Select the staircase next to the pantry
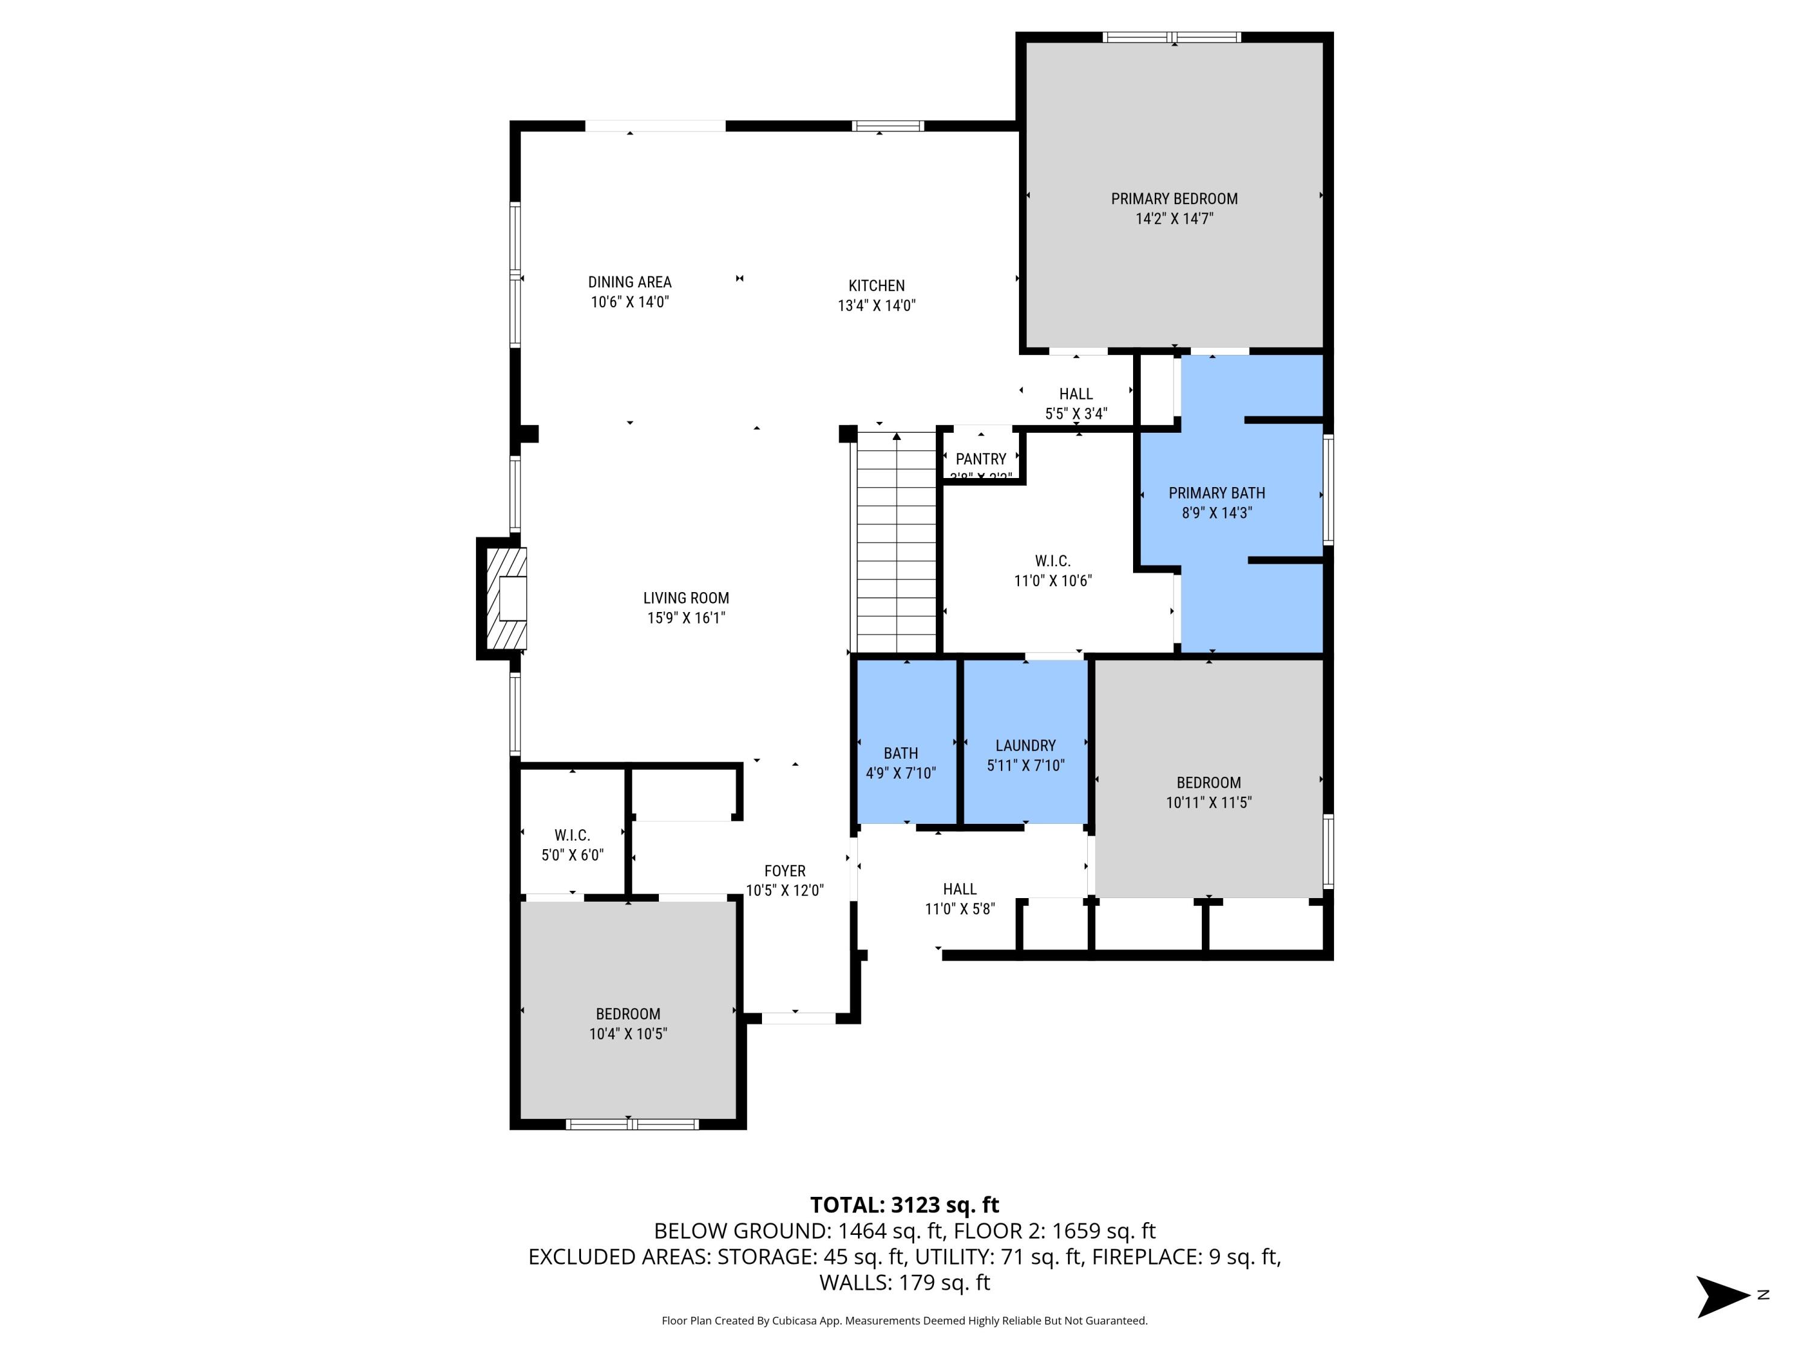[x=896, y=544]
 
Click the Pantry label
[x=980, y=459]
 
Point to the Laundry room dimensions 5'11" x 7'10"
[x=1025, y=765]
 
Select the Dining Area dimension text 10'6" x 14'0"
[x=629, y=302]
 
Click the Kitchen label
[x=877, y=285]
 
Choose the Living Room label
[x=686, y=598]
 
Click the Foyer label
[x=785, y=871]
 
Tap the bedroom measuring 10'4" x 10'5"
[x=627, y=1023]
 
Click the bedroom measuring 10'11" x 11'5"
[x=1208, y=791]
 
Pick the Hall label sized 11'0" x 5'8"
[x=959, y=889]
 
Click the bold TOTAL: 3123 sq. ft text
[x=904, y=1205]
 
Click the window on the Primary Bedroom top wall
[x=1172, y=37]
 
